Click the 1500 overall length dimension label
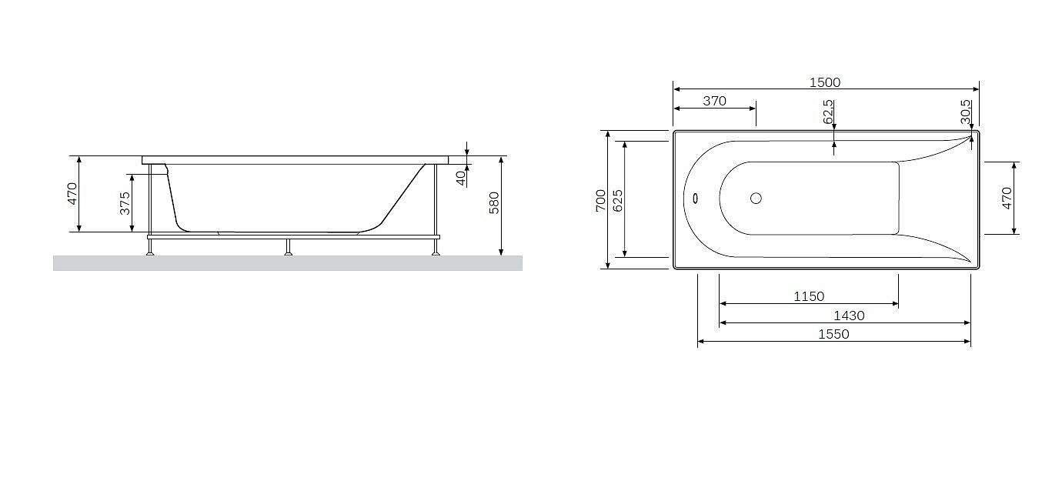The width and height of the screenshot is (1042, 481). [x=825, y=82]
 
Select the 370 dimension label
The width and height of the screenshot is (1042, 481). [x=714, y=101]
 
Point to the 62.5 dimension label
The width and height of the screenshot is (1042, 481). [x=828, y=112]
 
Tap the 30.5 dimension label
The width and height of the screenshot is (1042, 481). [x=966, y=112]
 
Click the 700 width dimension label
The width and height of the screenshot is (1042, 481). [x=600, y=201]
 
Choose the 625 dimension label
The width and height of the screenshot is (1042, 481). [x=618, y=201]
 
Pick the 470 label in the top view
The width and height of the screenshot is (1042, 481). [x=1007, y=198]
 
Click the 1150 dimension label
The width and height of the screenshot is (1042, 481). [x=809, y=296]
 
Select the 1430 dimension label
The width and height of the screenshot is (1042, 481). [x=849, y=316]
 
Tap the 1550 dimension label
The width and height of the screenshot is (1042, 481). [x=833, y=334]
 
